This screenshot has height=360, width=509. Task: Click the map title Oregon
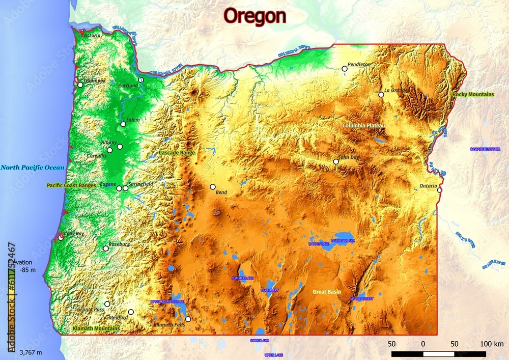255,16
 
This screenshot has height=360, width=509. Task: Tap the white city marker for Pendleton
345,68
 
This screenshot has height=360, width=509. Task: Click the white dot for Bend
213,186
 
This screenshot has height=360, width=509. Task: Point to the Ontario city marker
439,190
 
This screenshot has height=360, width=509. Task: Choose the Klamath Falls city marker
188,319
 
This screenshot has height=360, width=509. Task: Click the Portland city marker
141,80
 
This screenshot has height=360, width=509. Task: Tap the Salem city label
133,120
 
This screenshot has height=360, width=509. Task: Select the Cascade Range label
177,153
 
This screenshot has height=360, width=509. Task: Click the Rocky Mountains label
473,95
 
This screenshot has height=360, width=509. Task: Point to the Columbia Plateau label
363,125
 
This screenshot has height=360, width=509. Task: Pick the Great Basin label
327,292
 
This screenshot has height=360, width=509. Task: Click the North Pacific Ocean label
33,168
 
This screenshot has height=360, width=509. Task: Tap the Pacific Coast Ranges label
71,186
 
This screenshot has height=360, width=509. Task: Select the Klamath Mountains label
96,329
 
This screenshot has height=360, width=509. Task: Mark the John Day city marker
336,161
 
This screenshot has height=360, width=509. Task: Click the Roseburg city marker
106,248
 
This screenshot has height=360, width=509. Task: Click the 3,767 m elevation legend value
31,352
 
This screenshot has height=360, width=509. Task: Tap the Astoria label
92,36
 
